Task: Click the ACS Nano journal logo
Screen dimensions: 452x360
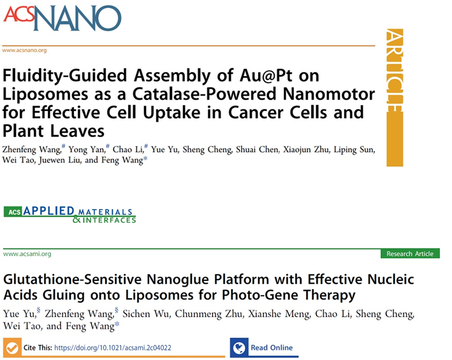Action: click(x=62, y=18)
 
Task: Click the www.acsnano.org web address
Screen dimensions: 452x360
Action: click(x=24, y=50)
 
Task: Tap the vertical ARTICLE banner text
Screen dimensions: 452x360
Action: click(x=395, y=71)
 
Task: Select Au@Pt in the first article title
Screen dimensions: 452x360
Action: click(x=265, y=75)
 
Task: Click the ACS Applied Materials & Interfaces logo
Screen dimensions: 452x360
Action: click(x=69, y=215)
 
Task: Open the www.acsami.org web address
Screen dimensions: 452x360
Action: click(x=27, y=254)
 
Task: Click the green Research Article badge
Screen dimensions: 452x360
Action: click(x=410, y=254)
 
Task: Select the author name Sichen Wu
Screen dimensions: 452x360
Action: click(x=147, y=313)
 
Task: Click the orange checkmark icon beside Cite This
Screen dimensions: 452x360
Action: click(x=12, y=348)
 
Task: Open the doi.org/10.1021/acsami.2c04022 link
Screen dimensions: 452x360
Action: click(x=113, y=348)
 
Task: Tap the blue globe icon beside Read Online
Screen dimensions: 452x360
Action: click(x=239, y=348)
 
